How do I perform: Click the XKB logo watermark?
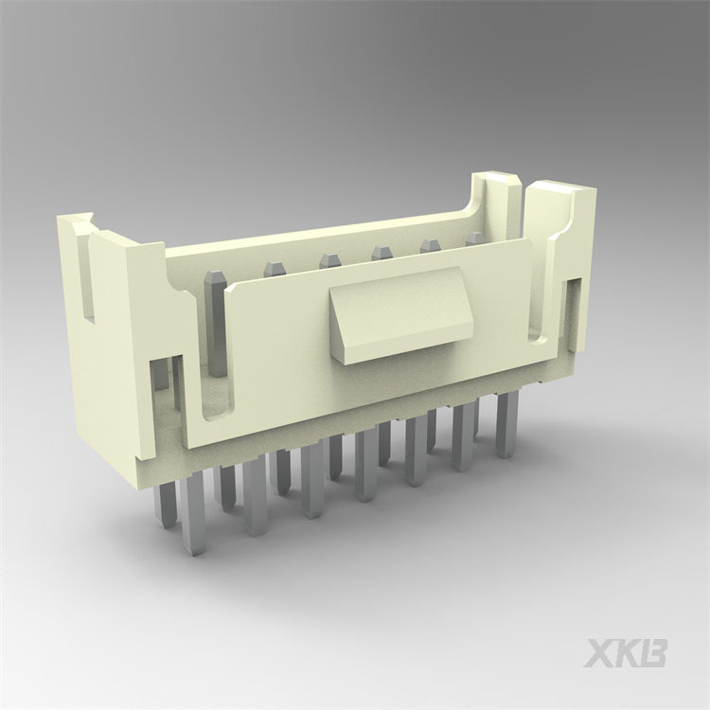pyautogui.click(x=625, y=652)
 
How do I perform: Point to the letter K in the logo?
pyautogui.click(x=627, y=652)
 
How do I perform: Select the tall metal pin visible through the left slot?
pyautogui.click(x=216, y=322)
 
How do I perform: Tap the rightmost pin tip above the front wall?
pyautogui.click(x=475, y=238)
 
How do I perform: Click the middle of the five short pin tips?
pyautogui.click(x=382, y=252)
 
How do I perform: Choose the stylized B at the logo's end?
pyautogui.click(x=652, y=652)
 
